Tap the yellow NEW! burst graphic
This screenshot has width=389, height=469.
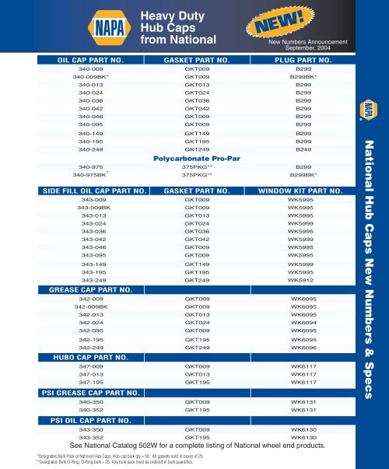(x=278, y=25)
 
